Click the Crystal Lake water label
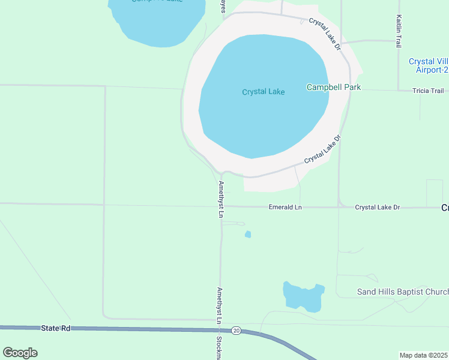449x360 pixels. click(263, 92)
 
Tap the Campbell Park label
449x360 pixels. click(333, 87)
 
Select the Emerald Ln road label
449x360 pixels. click(285, 208)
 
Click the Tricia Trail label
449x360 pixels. click(428, 91)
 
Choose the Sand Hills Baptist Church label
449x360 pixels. click(403, 292)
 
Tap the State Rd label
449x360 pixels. click(56, 328)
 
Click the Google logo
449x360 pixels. click(20, 353)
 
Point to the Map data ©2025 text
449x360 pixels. click(423, 355)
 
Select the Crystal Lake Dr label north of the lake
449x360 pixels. click(325, 33)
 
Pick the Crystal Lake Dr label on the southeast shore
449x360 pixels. click(322, 149)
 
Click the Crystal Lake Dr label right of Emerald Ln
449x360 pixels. click(377, 208)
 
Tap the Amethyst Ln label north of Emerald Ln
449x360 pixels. click(221, 199)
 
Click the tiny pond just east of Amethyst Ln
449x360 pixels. click(248, 234)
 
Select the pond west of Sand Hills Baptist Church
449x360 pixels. click(303, 296)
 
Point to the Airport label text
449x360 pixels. click(428, 65)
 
